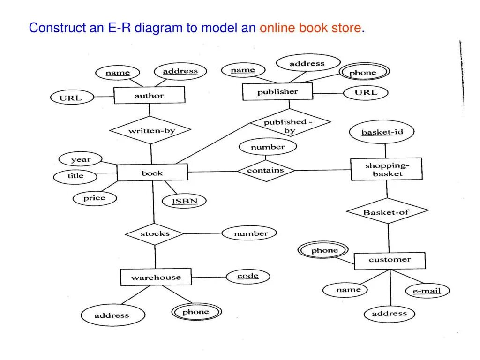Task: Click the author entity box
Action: coord(150,96)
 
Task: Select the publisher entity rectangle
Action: coord(277,92)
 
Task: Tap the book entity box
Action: coord(152,173)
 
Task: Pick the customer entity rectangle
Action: coord(390,260)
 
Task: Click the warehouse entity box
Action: coord(156,277)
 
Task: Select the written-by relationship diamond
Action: coord(151,131)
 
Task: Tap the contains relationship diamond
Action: coord(265,171)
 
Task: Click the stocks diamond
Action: coord(155,233)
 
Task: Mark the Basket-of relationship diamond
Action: coord(387,212)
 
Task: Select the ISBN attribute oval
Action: coord(184,202)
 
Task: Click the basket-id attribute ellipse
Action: coord(382,132)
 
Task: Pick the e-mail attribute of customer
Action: coord(427,291)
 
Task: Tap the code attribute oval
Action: coord(247,276)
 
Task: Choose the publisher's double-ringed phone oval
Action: coord(363,73)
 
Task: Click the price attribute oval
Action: coord(94,198)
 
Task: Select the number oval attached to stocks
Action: coord(250,233)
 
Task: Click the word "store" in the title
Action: coord(346,28)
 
